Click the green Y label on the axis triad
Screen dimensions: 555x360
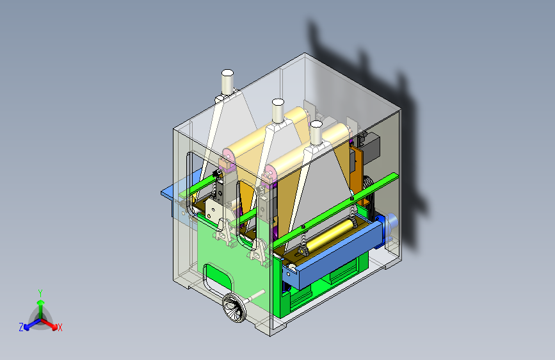click(x=40, y=293)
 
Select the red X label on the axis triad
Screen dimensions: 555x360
click(x=60, y=327)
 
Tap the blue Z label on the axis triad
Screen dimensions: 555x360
click(x=21, y=327)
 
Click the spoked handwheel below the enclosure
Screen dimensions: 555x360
click(x=234, y=308)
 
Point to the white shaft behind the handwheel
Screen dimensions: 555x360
click(x=255, y=295)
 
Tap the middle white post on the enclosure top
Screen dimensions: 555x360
click(x=278, y=111)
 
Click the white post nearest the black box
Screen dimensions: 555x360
click(x=316, y=133)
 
